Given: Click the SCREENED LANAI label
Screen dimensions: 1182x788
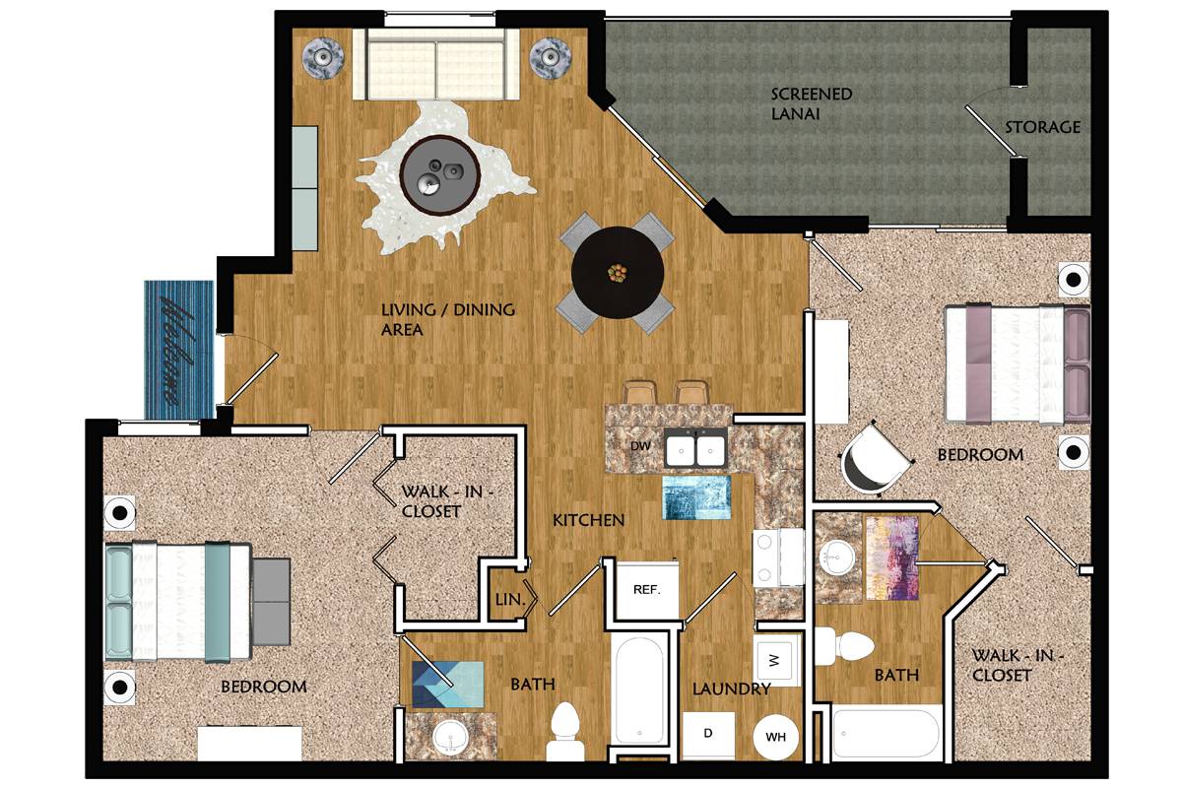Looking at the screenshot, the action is [811, 104].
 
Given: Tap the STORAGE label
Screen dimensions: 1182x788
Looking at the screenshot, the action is [1042, 127].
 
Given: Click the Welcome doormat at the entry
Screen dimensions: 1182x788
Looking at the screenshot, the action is [179, 350].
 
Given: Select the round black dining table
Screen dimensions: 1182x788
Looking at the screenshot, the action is [618, 272].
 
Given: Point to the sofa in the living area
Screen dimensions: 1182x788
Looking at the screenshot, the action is [435, 64].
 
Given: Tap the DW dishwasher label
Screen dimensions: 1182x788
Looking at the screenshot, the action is [640, 446].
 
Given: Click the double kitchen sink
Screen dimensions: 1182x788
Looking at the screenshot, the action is [696, 447].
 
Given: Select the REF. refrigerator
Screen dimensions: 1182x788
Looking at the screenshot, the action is [647, 590].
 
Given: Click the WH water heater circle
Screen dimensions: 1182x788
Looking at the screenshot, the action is [775, 737].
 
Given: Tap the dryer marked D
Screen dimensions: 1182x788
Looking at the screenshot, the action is [708, 735].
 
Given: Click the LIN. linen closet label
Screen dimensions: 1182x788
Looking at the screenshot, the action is [510, 600].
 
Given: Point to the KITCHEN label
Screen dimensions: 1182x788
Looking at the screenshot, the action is [588, 520].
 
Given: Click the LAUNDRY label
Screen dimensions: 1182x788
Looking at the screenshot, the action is [731, 689].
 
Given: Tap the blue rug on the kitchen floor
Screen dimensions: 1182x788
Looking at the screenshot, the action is [697, 497].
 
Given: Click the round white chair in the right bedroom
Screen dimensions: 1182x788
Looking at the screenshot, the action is [875, 459].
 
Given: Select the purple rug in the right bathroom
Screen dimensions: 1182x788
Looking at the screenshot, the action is [892, 558].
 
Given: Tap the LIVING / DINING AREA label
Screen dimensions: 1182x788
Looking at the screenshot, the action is [447, 319].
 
